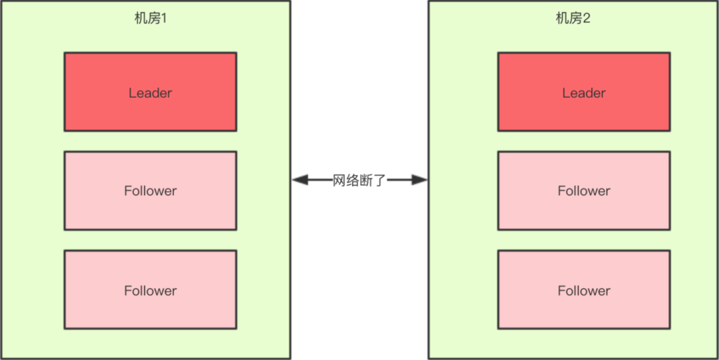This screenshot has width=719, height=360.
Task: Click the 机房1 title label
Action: (150, 19)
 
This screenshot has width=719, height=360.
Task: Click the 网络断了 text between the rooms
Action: (359, 180)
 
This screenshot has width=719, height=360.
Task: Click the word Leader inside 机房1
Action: (150, 93)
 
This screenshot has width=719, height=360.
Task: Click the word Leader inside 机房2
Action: (584, 93)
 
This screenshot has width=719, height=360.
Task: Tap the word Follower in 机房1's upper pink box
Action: (150, 191)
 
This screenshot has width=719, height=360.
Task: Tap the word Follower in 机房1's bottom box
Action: (150, 291)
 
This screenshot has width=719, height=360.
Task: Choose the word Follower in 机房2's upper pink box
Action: (584, 191)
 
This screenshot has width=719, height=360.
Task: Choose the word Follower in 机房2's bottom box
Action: (584, 291)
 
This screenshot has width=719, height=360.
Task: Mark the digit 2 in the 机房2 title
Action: (587, 19)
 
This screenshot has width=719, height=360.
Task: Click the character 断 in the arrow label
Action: (365, 180)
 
